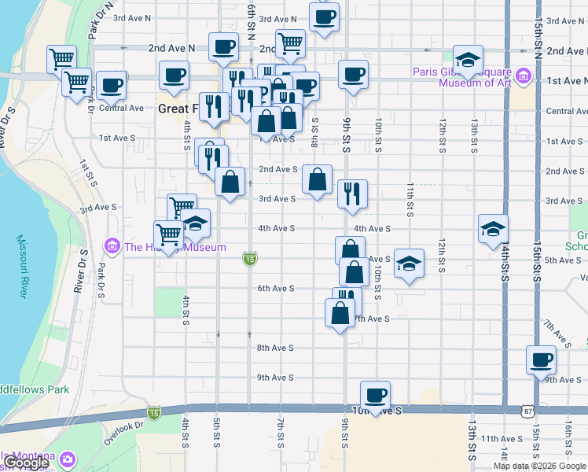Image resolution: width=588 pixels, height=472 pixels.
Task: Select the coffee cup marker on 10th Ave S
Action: click(376, 395)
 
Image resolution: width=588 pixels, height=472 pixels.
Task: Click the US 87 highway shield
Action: click(525, 410)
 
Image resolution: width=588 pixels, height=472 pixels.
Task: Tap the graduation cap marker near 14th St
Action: click(493, 229)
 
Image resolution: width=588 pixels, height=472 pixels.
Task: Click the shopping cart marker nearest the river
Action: click(61, 59)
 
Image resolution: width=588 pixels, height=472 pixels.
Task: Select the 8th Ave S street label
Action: click(276, 348)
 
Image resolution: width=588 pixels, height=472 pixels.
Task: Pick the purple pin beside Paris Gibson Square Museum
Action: click(524, 78)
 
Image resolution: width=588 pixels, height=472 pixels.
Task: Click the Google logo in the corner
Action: click(25, 463)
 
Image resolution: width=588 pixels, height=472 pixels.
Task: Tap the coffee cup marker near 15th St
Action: click(541, 360)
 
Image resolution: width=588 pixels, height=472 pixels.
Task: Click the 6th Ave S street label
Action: click(276, 289)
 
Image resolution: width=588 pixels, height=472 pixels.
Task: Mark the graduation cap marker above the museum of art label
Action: click(468, 59)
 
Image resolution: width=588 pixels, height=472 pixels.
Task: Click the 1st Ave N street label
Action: click(566, 81)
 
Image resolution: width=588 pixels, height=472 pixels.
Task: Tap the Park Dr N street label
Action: click(97, 22)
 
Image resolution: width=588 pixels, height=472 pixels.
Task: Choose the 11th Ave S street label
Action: click(502, 439)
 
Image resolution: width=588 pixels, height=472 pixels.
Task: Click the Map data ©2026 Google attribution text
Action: click(539, 466)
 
